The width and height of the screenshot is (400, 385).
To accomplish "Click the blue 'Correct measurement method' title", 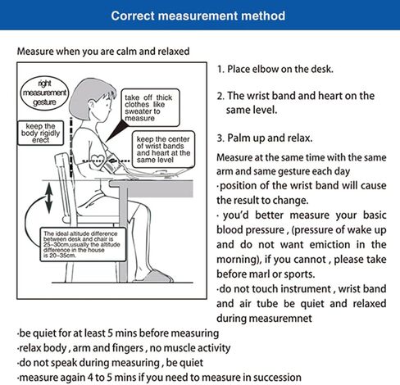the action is pos(198,16).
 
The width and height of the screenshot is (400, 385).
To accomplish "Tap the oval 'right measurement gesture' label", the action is pos(44,93).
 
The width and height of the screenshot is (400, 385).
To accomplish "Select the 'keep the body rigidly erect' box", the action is pos(40,133).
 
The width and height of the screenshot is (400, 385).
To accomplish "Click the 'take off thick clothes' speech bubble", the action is pos(150,107).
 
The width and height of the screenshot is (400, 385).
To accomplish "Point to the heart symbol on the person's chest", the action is pos(98,161).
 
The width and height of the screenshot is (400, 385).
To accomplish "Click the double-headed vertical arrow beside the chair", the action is pos(48,198).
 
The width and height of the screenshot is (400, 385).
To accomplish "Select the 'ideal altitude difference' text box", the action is pos(83,245).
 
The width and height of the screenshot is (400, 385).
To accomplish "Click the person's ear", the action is pos(92,105).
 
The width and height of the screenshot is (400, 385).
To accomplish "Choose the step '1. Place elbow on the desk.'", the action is pos(275,69).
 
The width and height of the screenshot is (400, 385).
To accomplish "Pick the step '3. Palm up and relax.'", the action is pos(265,138).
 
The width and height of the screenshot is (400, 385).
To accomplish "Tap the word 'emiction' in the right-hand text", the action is pos(330,244).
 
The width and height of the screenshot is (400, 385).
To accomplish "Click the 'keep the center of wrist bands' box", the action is pos(163,149).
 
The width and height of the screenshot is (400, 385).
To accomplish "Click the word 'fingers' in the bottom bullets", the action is pos(128,348).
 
